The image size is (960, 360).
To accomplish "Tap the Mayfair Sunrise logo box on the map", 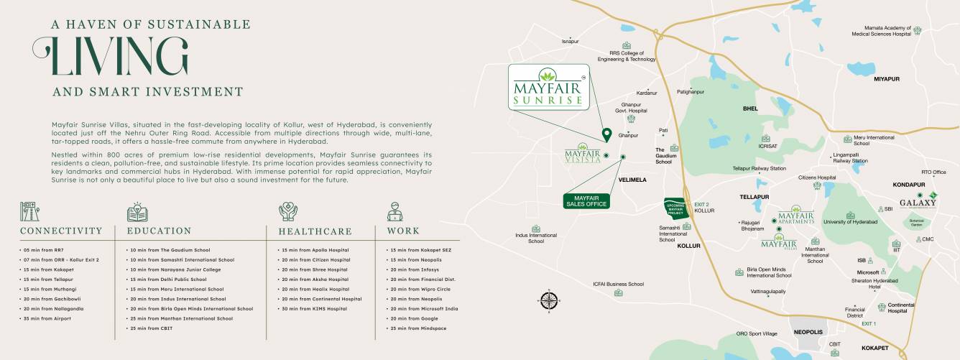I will (x=549, y=87).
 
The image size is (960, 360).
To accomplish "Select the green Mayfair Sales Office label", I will (x=586, y=200).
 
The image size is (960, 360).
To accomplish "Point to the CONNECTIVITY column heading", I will (x=66, y=231).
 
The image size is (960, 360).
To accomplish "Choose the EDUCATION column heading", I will (x=159, y=231).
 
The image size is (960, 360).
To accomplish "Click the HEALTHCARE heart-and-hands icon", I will (x=288, y=211).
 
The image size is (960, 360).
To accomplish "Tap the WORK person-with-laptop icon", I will (x=395, y=211).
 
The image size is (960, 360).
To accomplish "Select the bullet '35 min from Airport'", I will (x=47, y=318).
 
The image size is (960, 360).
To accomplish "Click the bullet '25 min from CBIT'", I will (x=152, y=328).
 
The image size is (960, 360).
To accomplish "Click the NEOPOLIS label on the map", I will (x=808, y=333).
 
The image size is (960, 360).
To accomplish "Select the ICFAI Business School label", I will (x=618, y=285).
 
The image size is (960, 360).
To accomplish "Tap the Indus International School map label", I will (x=536, y=238).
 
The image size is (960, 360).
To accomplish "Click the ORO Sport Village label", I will (x=757, y=334).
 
